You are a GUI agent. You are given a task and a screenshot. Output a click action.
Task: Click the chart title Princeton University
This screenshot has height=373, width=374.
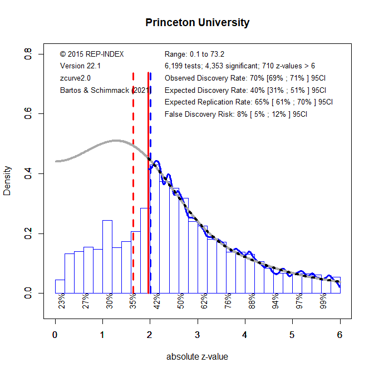(197, 23)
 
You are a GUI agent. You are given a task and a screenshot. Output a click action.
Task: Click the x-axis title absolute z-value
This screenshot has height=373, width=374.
(197, 357)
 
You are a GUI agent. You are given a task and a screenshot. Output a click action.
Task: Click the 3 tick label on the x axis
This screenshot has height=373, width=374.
(197, 335)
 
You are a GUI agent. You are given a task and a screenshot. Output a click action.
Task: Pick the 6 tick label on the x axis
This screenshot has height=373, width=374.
(339, 335)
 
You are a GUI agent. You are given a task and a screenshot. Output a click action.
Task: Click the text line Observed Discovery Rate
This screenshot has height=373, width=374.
(245, 78)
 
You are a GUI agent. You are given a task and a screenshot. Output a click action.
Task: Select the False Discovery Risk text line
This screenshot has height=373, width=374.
(236, 114)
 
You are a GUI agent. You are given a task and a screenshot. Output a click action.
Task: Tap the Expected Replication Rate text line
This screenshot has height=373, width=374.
(249, 102)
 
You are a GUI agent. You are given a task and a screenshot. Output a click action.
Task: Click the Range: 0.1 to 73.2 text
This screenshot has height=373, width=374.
(194, 54)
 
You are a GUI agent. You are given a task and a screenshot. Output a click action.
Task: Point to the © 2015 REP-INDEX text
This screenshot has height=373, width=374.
(92, 54)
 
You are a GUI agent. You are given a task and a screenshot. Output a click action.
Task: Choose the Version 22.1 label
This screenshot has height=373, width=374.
(80, 66)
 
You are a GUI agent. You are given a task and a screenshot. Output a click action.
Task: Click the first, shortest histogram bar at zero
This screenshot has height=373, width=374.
(60, 286)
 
